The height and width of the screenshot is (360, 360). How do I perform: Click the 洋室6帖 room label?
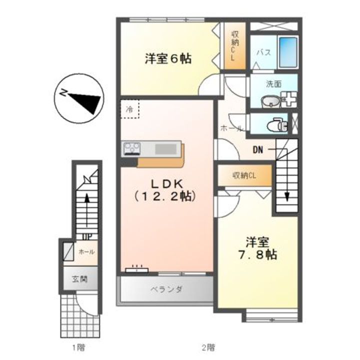point(167,58)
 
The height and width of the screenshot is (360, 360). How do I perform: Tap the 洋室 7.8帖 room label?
point(257,248)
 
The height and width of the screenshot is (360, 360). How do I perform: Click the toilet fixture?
point(276,124)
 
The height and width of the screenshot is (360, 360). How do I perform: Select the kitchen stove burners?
point(132,148)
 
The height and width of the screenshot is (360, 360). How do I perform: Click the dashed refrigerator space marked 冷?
point(130,108)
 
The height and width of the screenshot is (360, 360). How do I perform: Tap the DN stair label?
point(258,148)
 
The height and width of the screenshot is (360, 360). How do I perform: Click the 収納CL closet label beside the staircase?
point(244,175)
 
